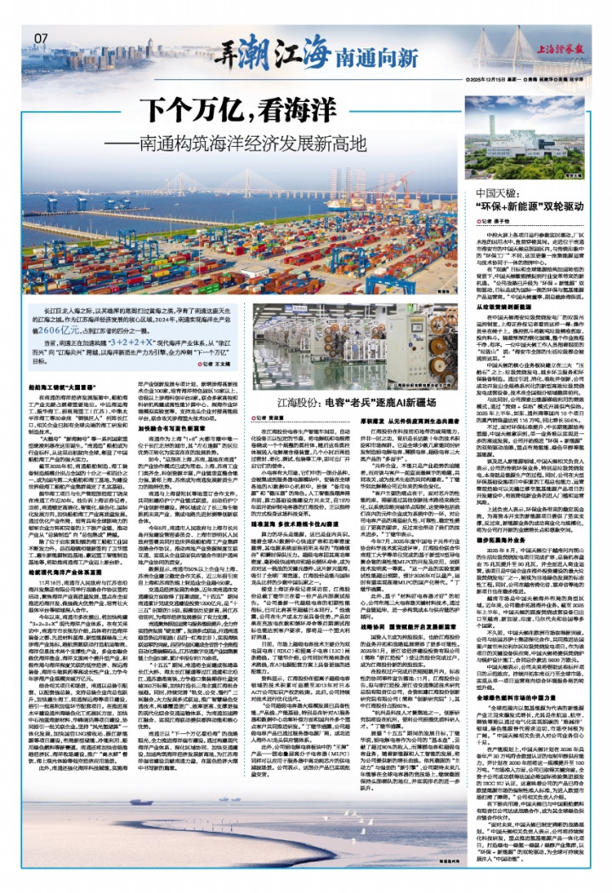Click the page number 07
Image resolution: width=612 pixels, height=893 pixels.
tap(42, 38)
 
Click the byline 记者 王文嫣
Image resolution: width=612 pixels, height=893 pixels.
tap(195, 363)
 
